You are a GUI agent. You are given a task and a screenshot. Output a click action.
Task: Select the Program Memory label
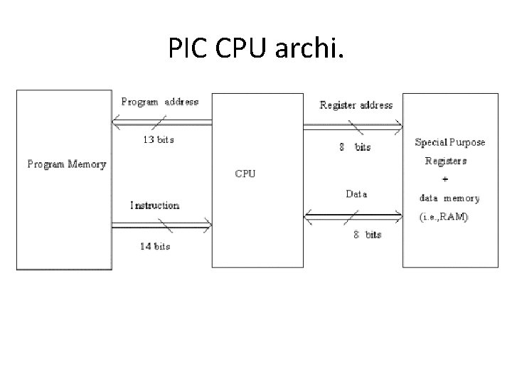[66, 164]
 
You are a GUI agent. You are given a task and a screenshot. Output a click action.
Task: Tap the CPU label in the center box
[245, 173]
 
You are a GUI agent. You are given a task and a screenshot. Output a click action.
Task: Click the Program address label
[160, 102]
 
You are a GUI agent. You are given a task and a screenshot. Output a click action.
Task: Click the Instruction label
[155, 206]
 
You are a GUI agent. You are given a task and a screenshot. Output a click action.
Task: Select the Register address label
[356, 105]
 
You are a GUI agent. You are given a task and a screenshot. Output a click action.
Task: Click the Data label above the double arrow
[356, 193]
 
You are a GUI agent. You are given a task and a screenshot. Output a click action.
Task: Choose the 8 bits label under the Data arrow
[368, 235]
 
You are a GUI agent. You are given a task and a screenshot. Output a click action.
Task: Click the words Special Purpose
[450, 142]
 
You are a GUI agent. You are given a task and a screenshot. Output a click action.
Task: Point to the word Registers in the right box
[446, 161]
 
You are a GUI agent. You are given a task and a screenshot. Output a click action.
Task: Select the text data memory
[449, 198]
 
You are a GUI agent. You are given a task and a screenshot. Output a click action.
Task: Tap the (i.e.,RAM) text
[442, 217]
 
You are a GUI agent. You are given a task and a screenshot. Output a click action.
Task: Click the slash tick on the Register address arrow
[353, 126]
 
